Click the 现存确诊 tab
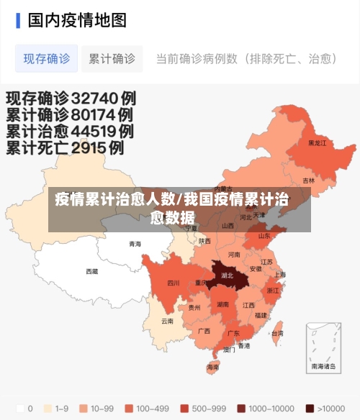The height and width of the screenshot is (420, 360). (46, 58)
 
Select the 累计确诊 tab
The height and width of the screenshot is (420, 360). (112, 58)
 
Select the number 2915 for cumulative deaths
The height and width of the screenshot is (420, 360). (97, 149)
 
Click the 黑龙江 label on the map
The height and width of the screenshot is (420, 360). (317, 142)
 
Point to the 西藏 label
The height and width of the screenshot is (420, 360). (92, 271)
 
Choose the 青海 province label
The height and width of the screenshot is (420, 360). (135, 244)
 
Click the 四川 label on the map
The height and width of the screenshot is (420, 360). (174, 283)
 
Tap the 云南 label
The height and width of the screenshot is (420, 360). (167, 321)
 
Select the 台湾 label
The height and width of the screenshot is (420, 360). (277, 333)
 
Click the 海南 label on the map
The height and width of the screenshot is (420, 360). (213, 367)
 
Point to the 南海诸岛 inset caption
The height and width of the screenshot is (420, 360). (323, 366)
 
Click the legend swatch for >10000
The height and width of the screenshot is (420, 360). (310, 408)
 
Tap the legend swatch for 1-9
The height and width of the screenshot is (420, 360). (48, 408)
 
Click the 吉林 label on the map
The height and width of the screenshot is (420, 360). (308, 181)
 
